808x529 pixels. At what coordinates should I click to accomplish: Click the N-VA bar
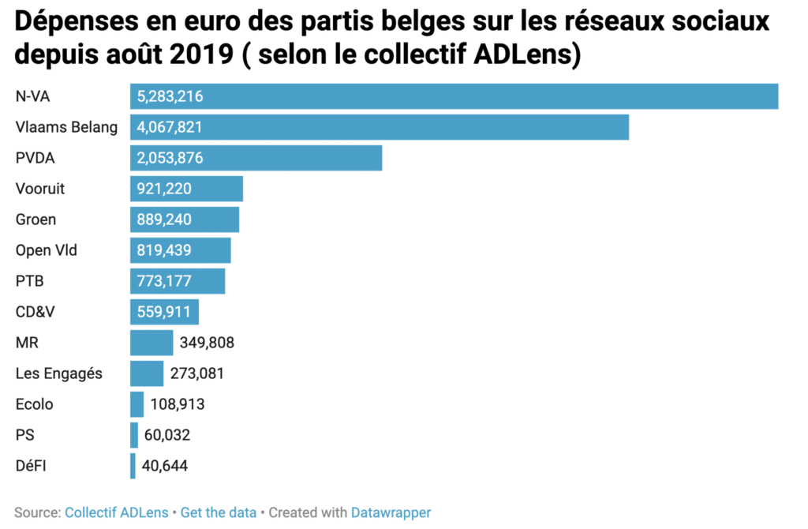(x=454, y=96)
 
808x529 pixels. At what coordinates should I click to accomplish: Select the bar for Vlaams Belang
(x=379, y=127)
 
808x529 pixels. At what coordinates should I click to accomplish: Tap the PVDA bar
(x=256, y=158)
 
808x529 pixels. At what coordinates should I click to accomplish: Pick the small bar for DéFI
(x=133, y=466)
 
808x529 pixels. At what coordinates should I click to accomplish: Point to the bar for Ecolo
(x=137, y=404)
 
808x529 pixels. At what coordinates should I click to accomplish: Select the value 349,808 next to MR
(x=207, y=343)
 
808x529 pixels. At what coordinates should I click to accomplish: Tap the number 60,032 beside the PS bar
(x=166, y=435)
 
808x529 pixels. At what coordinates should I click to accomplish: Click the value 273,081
(x=197, y=373)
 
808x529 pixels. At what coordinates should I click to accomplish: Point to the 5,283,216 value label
(x=170, y=96)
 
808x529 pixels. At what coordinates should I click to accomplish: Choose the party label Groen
(x=36, y=219)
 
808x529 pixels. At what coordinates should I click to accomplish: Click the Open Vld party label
(x=47, y=250)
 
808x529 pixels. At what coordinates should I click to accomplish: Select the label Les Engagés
(x=59, y=373)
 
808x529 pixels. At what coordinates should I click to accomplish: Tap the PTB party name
(x=29, y=281)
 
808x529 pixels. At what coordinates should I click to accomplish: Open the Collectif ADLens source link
(x=117, y=512)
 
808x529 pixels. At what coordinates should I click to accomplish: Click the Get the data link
(x=219, y=512)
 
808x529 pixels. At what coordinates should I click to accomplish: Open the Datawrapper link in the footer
(x=391, y=512)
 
